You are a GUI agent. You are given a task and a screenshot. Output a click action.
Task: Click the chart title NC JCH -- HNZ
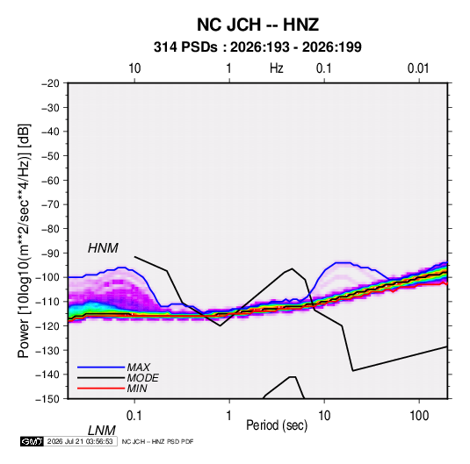257,25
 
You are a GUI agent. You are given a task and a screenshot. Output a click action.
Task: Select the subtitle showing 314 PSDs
257,47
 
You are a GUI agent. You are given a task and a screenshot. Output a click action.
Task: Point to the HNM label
103,248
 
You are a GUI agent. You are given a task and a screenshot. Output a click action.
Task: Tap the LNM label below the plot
101,431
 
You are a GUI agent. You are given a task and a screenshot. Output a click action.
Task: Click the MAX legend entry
138,367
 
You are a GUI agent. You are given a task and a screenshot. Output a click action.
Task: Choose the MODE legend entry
142,378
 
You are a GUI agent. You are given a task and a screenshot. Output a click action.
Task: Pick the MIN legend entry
137,389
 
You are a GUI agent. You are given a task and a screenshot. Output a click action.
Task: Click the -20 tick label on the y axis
50,83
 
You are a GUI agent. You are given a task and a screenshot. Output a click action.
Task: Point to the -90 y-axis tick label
50,253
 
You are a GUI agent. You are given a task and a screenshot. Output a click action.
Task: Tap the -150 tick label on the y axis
47,399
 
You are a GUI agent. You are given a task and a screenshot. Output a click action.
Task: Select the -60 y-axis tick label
50,180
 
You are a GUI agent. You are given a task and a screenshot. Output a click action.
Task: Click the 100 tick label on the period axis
418,416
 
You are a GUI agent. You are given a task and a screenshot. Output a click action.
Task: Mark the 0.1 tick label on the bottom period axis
134,416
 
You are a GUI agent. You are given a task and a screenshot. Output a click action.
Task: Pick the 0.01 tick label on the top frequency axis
418,68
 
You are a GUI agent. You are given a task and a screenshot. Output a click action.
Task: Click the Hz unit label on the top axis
276,68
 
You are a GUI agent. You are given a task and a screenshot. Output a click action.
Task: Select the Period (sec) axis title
277,425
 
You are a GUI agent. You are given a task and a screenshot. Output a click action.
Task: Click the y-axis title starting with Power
24,241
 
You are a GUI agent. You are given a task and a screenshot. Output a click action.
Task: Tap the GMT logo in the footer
32,441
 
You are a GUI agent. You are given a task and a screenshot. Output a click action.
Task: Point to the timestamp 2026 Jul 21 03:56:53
80,441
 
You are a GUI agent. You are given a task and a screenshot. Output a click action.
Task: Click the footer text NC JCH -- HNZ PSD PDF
157,441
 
